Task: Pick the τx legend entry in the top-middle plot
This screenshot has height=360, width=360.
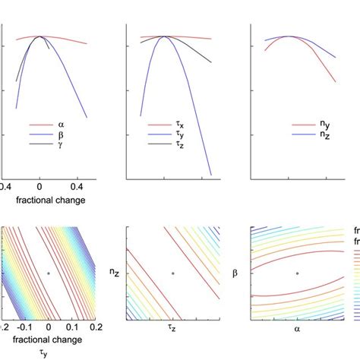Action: coord(185,124)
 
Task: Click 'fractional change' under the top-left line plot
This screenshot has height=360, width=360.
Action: coord(47,201)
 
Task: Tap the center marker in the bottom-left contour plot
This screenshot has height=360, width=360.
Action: coord(49,273)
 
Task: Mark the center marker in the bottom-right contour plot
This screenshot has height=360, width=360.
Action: coord(298,273)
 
